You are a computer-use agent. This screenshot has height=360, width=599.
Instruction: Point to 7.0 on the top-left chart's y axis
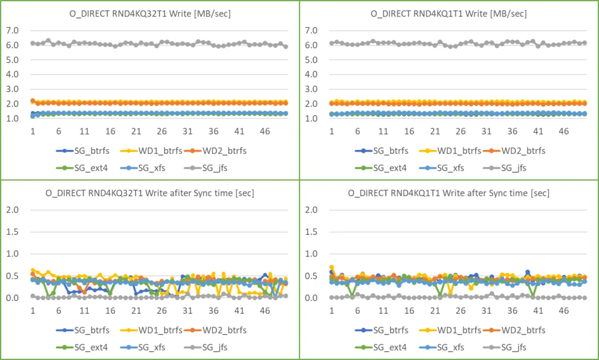pos(12,30)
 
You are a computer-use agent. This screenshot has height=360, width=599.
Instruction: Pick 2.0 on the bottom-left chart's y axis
pos(12,210)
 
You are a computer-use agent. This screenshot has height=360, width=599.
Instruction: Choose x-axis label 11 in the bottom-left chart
pos(85,311)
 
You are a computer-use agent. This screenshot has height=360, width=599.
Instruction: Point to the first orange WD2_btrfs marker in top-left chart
pos(33,101)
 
